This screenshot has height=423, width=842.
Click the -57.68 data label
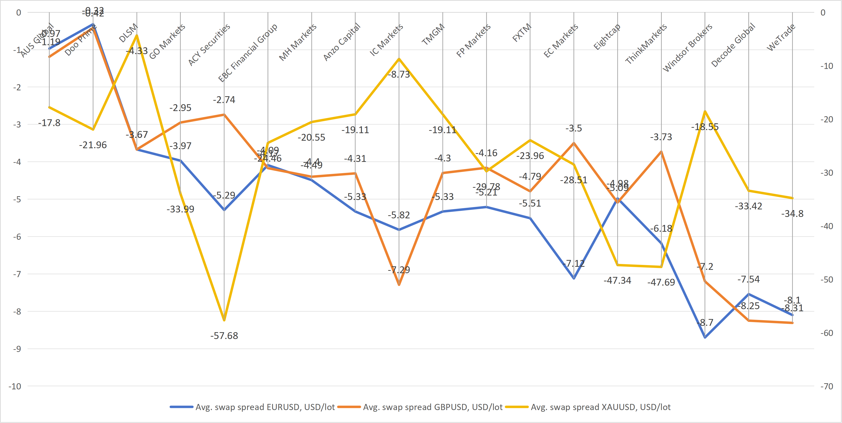(x=224, y=336)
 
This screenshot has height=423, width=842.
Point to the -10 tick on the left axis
(x=15, y=386)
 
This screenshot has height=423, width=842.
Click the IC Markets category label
(x=386, y=40)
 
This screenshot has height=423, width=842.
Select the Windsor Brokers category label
(x=687, y=48)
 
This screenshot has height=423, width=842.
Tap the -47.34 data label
(x=617, y=280)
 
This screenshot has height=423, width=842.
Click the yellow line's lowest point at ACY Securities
(x=224, y=320)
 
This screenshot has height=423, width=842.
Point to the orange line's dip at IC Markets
(x=399, y=285)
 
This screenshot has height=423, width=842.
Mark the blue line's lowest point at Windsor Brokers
(x=705, y=337)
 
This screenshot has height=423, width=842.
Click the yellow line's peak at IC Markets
(x=399, y=59)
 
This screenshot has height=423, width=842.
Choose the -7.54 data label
(x=749, y=279)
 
